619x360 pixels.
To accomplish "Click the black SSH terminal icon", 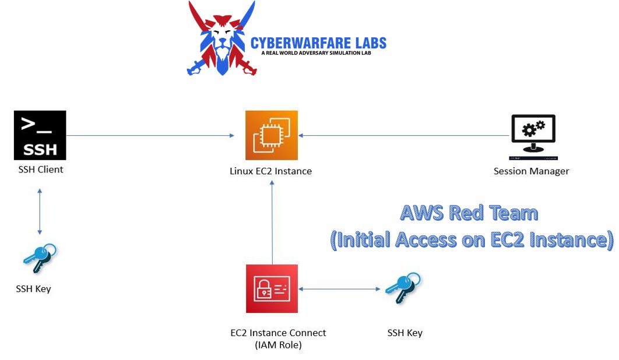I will (40, 135).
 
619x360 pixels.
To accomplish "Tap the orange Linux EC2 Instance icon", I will (272, 135).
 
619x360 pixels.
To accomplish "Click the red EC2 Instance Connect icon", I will (272, 288).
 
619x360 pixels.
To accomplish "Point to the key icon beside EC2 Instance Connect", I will (403, 287).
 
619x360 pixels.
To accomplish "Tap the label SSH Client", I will (40, 170).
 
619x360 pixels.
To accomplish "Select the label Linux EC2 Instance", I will (270, 171).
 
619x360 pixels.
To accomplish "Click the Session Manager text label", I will (531, 171).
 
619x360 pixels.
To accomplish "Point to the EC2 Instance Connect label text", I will (278, 333).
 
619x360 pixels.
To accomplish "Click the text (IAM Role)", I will (278, 345).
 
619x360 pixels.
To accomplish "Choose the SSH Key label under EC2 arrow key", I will (405, 333).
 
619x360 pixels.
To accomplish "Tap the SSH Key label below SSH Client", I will (33, 289).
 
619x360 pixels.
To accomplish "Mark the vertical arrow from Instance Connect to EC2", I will (272, 221).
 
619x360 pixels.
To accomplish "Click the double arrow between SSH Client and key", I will (40, 210).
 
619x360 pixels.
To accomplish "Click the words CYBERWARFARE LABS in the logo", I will (318, 43).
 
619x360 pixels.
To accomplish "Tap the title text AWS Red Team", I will (469, 213).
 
